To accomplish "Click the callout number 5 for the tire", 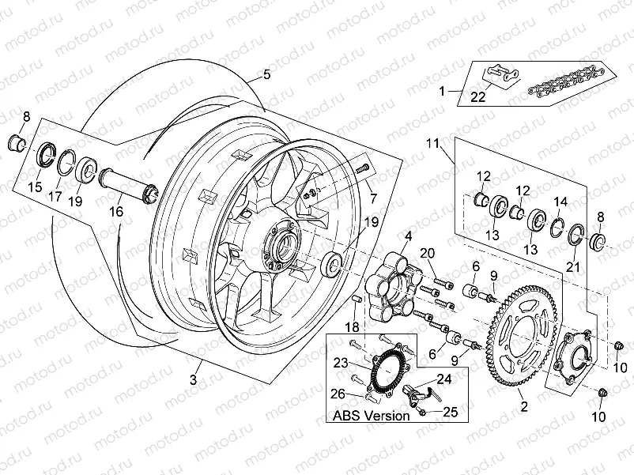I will pyautogui.click(x=266, y=74).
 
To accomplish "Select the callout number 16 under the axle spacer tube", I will pyautogui.click(x=116, y=212).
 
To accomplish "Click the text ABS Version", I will pyautogui.click(x=371, y=415).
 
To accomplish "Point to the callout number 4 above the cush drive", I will pyautogui.click(x=409, y=236).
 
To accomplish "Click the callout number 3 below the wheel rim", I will pyautogui.click(x=192, y=380).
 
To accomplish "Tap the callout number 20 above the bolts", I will pyautogui.click(x=427, y=253).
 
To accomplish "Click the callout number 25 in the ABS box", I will pyautogui.click(x=450, y=412).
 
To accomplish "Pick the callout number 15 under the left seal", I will pyautogui.click(x=35, y=187).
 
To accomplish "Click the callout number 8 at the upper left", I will pyautogui.click(x=25, y=118).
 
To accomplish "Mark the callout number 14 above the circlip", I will pyautogui.click(x=560, y=202).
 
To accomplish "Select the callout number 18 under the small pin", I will pyautogui.click(x=352, y=326).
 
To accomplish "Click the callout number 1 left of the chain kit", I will pyautogui.click(x=443, y=91).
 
